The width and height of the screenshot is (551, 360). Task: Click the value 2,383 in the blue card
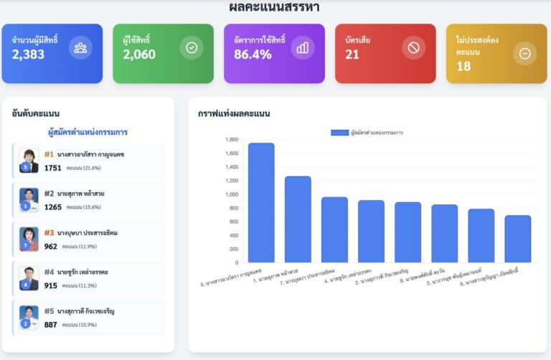click(x=28, y=55)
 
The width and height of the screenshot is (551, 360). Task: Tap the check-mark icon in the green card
click(x=192, y=47)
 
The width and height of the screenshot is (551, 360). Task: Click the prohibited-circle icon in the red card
click(x=414, y=47)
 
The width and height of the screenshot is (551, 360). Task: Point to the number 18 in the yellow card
click(x=463, y=67)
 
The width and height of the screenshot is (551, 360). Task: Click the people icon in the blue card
click(x=80, y=47)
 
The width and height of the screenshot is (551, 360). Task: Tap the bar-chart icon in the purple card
click(x=303, y=47)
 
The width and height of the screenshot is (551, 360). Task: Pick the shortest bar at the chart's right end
click(x=517, y=238)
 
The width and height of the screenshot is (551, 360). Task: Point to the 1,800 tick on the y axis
click(x=232, y=140)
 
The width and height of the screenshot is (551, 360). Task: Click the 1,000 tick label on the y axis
click(x=232, y=194)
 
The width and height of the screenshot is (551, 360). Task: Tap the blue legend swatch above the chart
click(x=339, y=133)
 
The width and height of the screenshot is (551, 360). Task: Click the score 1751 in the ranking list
click(x=53, y=168)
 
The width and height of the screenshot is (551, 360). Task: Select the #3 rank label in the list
click(x=50, y=233)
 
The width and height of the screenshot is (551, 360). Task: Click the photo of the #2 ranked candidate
click(x=29, y=199)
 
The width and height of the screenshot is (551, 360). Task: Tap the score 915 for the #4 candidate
click(x=50, y=286)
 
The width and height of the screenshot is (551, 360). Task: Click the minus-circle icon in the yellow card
click(x=524, y=53)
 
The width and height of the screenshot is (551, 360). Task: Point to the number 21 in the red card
click(x=352, y=55)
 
